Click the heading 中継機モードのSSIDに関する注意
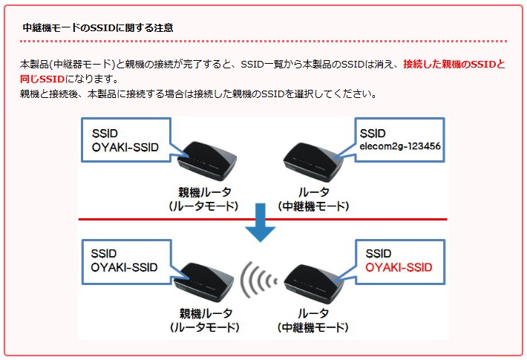pyautogui.click(x=98, y=27)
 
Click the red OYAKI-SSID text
pyautogui.click(x=399, y=267)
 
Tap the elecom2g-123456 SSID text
pyautogui.click(x=400, y=146)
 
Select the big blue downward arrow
pyautogui.click(x=260, y=223)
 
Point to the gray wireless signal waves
pyautogui.click(x=259, y=280)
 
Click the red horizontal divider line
pyautogui.click(x=263, y=220)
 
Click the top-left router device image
pyautogui.click(x=206, y=160)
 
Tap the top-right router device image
pyautogui.click(x=313, y=162)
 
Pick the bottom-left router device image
pyautogui.click(x=204, y=282)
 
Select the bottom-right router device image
pyautogui.click(x=314, y=283)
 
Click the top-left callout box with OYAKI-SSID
pyautogui.click(x=126, y=140)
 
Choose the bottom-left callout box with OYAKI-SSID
pyautogui.click(x=127, y=262)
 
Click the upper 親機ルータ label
pyautogui.click(x=205, y=192)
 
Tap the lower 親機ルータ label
pyautogui.click(x=206, y=313)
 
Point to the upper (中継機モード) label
pyautogui.click(x=313, y=206)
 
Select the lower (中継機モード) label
pyautogui.click(x=313, y=327)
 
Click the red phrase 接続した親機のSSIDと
pyautogui.click(x=454, y=64)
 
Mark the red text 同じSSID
pyautogui.click(x=42, y=79)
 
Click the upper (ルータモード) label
pyautogui.click(x=204, y=206)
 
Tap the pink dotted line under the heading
pyautogui.click(x=263, y=42)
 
